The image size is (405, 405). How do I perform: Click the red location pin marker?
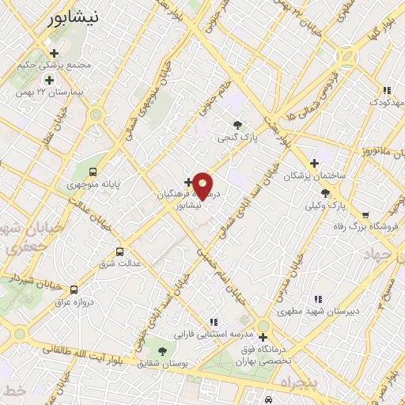point(203,185)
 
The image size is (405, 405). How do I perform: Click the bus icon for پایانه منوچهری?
point(94,171)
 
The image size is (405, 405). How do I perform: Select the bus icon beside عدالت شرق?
point(119,252)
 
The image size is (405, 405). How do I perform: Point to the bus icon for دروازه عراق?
point(74,290)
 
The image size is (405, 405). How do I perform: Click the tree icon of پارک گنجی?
point(237,124)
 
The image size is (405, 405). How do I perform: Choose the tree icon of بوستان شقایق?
point(162,350)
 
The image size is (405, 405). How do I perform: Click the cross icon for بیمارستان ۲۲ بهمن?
point(49,80)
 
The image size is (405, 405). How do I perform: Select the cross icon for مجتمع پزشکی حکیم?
point(54,52)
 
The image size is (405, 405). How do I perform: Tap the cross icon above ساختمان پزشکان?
point(314,162)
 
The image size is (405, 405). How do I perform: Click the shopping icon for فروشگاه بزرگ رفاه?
point(365,214)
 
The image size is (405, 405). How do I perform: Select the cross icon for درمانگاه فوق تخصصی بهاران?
point(263,337)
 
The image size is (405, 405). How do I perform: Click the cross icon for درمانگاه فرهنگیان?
point(187,182)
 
